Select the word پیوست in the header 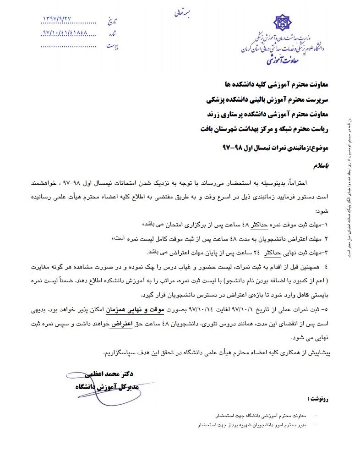tap(113, 46)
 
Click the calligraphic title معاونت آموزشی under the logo tap(282, 59)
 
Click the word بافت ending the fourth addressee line tap(207, 129)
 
